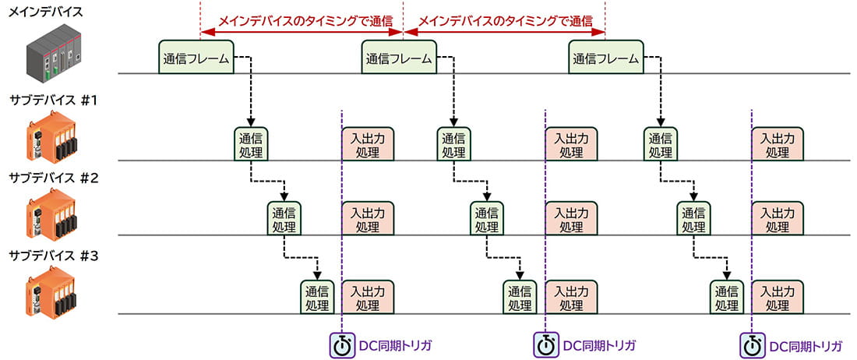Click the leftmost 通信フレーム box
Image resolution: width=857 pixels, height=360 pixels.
point(196,58)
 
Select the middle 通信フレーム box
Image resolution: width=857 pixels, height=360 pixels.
point(400,58)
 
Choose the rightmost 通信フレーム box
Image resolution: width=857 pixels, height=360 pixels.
point(606,58)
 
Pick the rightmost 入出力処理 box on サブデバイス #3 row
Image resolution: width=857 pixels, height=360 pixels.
point(778,297)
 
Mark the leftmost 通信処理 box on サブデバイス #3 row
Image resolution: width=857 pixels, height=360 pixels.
point(317,297)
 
